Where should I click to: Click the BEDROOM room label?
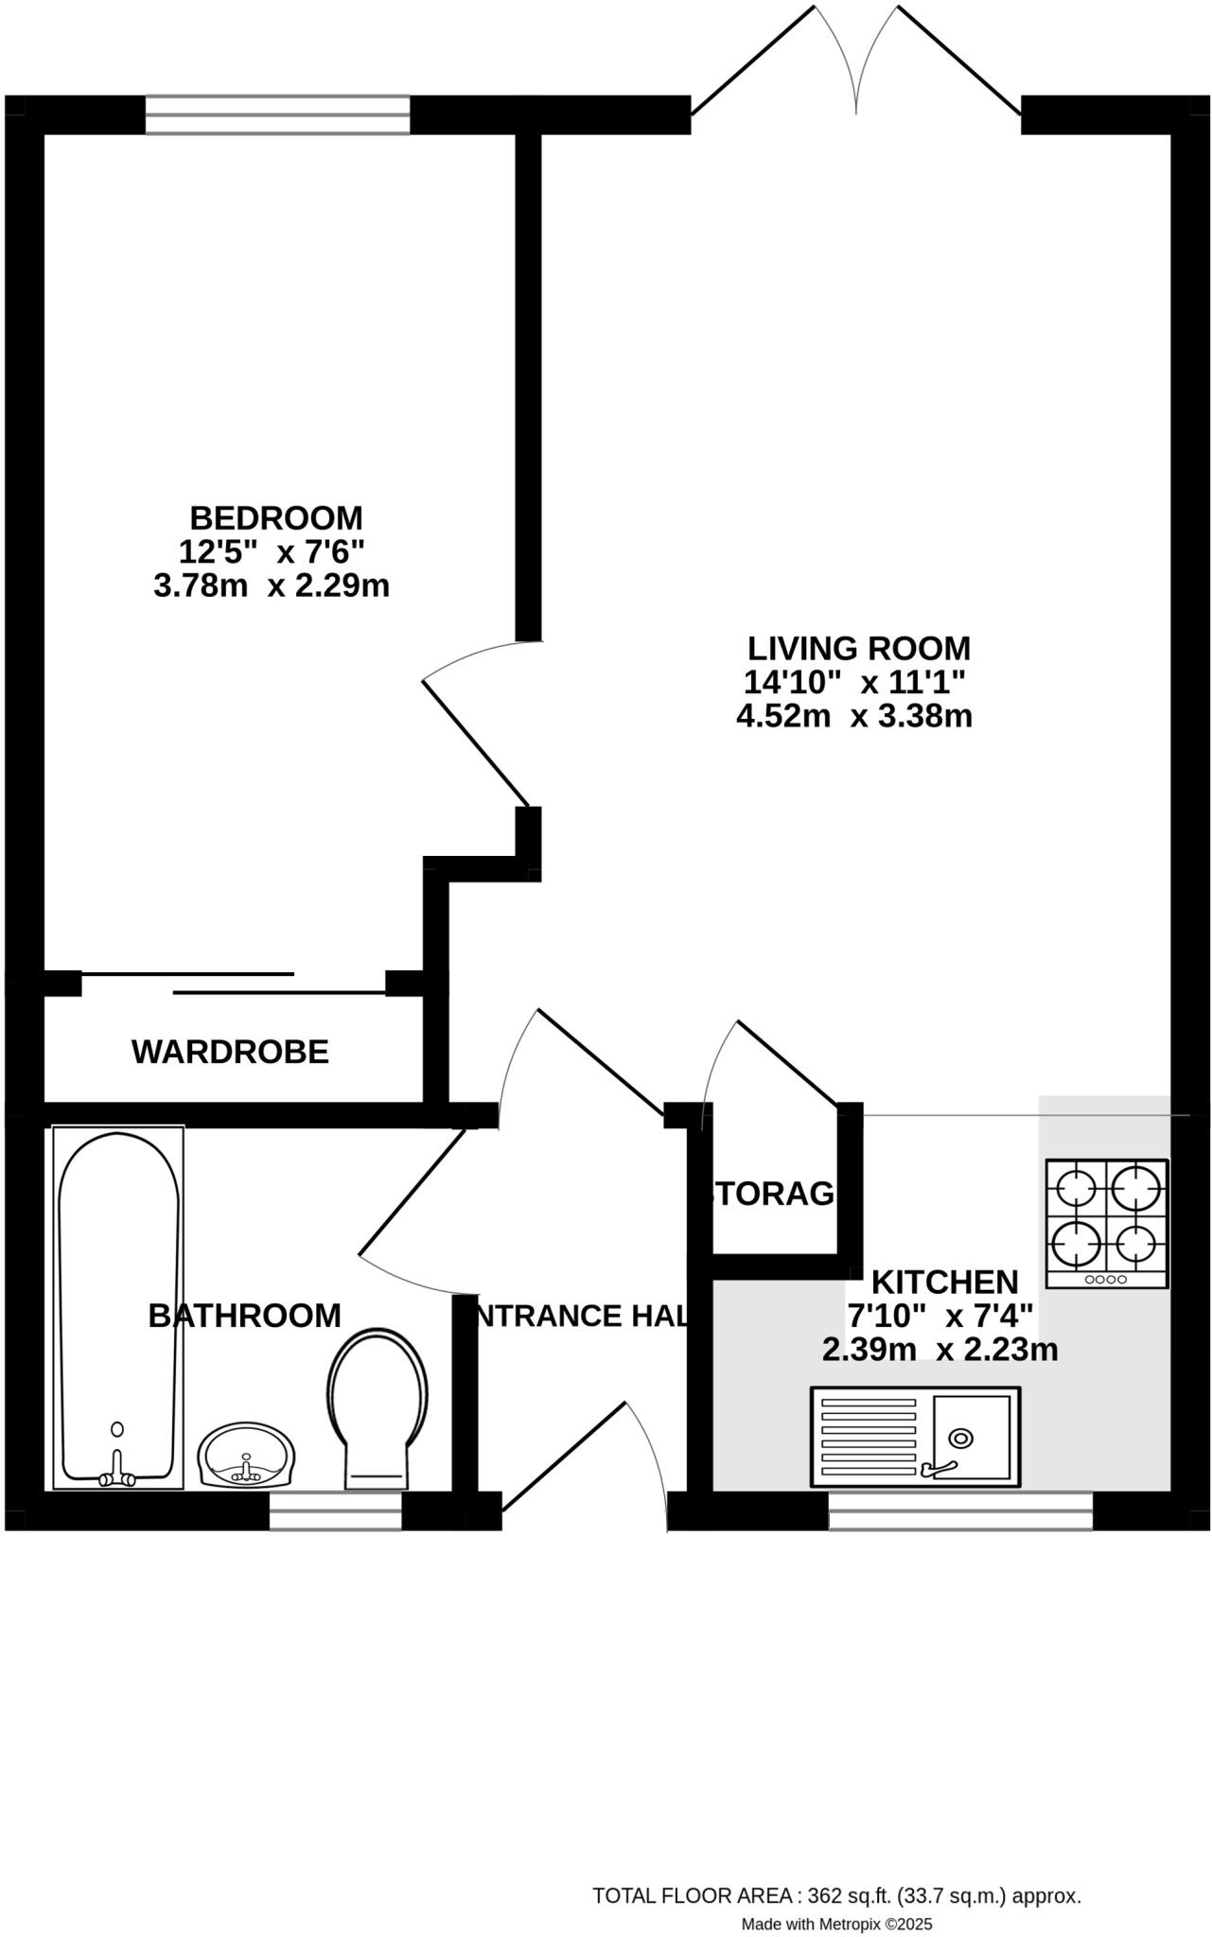click(x=275, y=518)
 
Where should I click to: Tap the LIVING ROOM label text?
click(x=859, y=649)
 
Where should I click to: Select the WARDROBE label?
click(x=230, y=1052)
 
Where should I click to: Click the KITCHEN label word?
click(x=944, y=1283)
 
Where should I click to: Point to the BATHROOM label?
click(x=244, y=1316)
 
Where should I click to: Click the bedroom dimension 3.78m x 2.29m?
click(x=272, y=586)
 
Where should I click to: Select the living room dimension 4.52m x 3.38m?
click(x=854, y=716)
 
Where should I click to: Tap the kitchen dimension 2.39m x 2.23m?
click(x=940, y=1350)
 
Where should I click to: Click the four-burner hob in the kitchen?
click(x=1106, y=1223)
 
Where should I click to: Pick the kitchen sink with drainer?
click(x=915, y=1436)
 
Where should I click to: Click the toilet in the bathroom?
click(x=377, y=1409)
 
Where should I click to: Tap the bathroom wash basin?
click(x=247, y=1457)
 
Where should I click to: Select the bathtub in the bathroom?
click(x=118, y=1305)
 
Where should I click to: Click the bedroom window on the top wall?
click(x=277, y=114)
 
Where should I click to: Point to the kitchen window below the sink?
click(x=960, y=1510)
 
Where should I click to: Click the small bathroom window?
click(x=336, y=1510)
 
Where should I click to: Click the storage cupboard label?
click(x=774, y=1195)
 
